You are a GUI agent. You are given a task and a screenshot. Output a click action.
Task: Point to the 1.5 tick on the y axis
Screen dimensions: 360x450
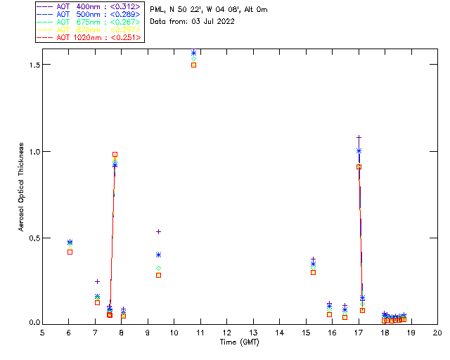33,65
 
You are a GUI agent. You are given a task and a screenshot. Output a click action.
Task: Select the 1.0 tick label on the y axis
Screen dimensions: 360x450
33,151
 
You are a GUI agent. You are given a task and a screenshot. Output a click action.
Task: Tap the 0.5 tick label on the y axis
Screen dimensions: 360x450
33,238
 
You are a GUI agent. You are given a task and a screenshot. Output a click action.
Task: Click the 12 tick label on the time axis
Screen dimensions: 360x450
227,333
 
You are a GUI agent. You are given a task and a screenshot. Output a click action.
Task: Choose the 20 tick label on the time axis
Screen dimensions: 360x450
437,333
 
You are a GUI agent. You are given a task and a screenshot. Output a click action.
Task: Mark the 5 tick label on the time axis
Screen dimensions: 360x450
43,333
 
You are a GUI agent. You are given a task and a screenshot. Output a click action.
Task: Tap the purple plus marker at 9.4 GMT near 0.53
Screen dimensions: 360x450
159,231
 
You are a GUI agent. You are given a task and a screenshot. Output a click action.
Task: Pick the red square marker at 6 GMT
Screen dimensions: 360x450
70,252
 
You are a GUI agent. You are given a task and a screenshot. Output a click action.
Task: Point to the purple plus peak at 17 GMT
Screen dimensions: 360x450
359,137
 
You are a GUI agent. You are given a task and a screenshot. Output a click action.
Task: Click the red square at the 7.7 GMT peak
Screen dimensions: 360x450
115,154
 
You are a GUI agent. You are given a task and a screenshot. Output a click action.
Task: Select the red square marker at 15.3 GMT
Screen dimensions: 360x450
313,272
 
